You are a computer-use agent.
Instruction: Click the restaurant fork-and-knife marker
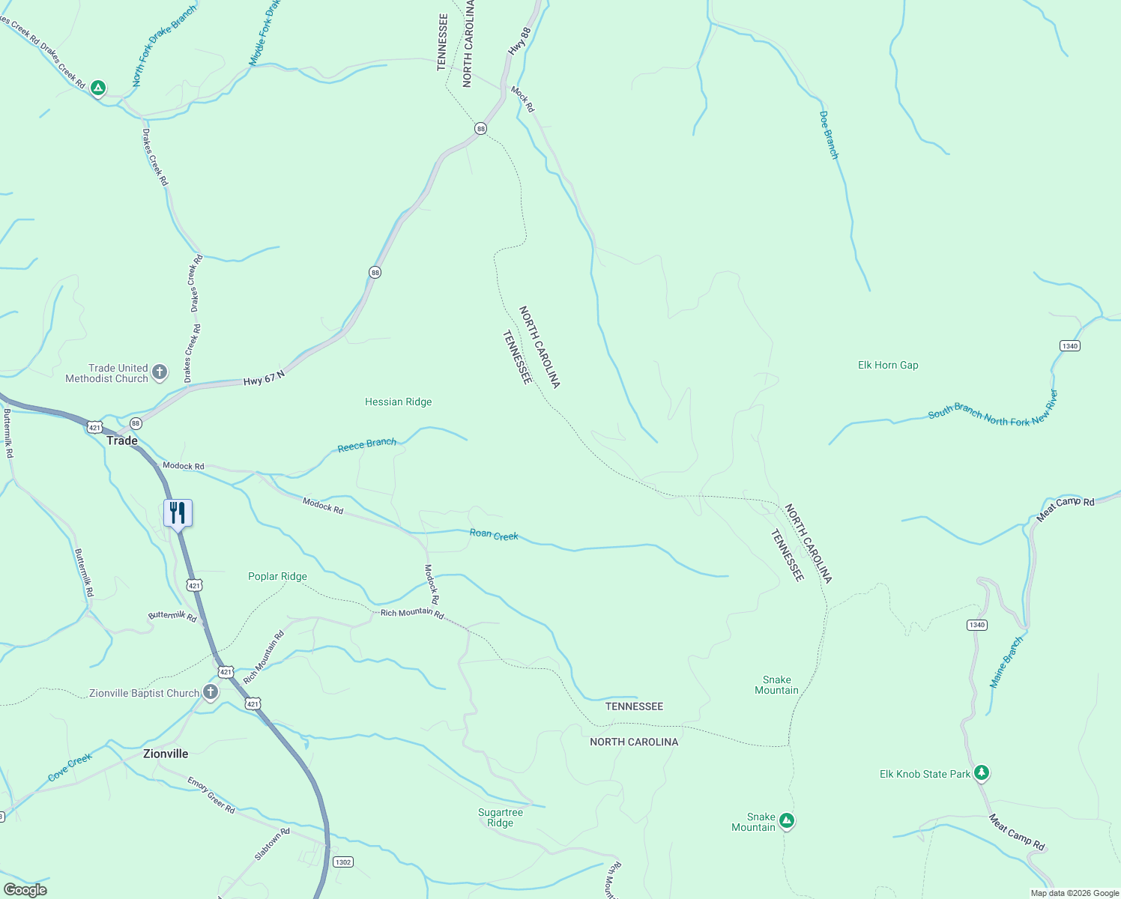(178, 513)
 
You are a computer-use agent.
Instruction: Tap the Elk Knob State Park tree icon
(982, 772)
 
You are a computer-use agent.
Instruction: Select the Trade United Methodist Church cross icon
(159, 372)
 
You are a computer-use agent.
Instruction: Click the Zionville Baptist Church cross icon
(211, 692)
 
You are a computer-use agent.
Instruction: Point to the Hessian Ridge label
(398, 402)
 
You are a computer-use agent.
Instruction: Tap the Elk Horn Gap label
(888, 366)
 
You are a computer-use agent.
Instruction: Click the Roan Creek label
(494, 535)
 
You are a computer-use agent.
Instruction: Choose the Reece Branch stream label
(366, 445)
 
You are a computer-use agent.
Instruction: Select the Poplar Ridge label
(277, 577)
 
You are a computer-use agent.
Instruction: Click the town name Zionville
(166, 754)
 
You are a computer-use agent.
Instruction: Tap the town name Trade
(122, 441)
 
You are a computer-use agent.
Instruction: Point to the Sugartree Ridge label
(501, 817)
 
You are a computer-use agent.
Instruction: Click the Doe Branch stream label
(828, 136)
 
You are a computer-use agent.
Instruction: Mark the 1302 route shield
(343, 862)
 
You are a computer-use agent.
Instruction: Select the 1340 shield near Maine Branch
(976, 625)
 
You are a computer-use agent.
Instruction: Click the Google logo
(25, 890)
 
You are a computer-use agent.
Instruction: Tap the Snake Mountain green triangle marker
(786, 822)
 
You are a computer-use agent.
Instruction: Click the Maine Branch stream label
(1006, 662)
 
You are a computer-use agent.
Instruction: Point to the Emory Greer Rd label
(211, 796)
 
